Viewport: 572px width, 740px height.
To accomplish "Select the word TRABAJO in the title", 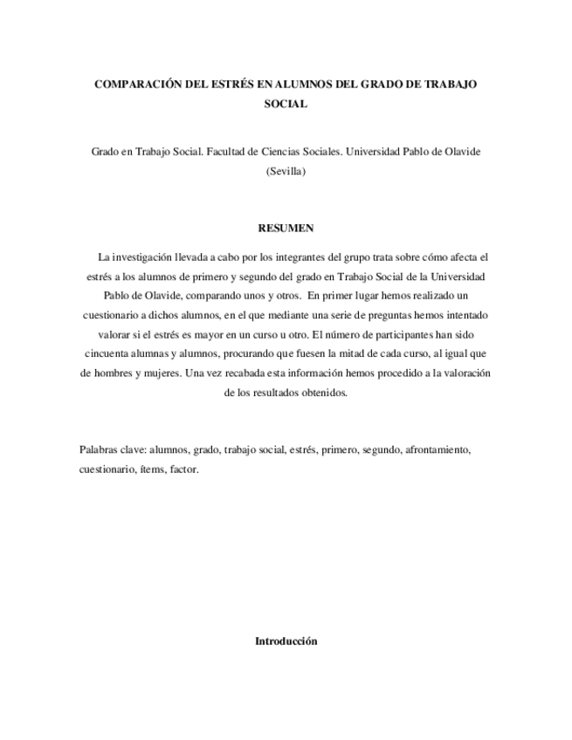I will click(x=449, y=85).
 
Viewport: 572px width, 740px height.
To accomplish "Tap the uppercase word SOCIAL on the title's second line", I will click(x=286, y=103).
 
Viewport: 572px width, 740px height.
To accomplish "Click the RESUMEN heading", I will click(x=286, y=228).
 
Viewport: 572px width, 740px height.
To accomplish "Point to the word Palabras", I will click(x=99, y=450).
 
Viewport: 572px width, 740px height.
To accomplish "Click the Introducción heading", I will click(x=286, y=641).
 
